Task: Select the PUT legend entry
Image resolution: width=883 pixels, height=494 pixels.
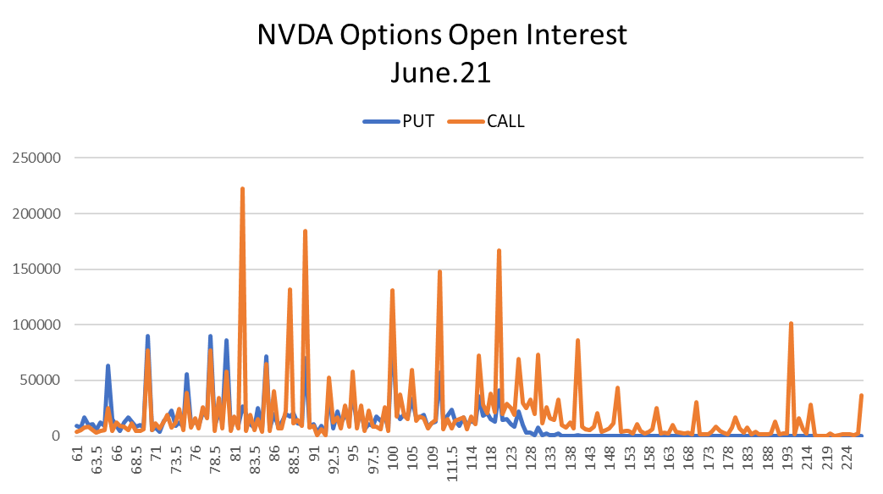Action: [x=399, y=121]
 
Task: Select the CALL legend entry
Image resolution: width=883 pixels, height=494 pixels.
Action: [x=486, y=121]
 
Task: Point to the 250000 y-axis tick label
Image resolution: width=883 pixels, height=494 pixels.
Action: [x=36, y=158]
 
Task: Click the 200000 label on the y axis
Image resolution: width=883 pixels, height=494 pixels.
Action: [x=36, y=214]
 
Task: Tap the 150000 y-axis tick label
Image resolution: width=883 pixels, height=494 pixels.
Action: [x=36, y=269]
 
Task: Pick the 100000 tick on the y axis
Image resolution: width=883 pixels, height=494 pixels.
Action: [x=36, y=325]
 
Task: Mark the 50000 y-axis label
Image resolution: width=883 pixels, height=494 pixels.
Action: [x=41, y=380]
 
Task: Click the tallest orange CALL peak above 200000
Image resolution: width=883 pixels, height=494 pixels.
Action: [x=243, y=189]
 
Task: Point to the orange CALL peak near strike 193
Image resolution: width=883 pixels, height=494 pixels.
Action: [x=792, y=324]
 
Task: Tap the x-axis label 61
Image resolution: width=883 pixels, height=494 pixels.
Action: [x=77, y=453]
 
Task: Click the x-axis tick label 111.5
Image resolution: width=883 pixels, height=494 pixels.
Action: [x=451, y=463]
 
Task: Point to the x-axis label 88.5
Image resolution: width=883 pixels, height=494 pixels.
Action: [x=294, y=460]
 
